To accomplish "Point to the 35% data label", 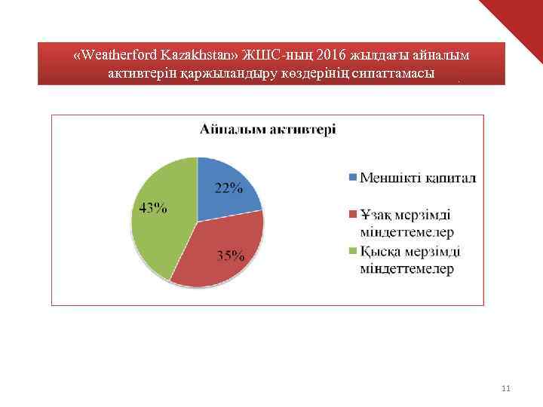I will pos(231,256).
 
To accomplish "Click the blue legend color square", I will pos(352,178).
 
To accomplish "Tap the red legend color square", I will pos(352,216).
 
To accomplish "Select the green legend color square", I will pos(352,252).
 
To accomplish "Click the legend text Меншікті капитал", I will pos(418,178).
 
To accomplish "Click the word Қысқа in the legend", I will pos(382,252).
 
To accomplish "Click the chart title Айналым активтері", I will pos(268,129).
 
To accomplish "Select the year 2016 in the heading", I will pos(333,56).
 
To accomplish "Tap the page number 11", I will pos(506,389).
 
